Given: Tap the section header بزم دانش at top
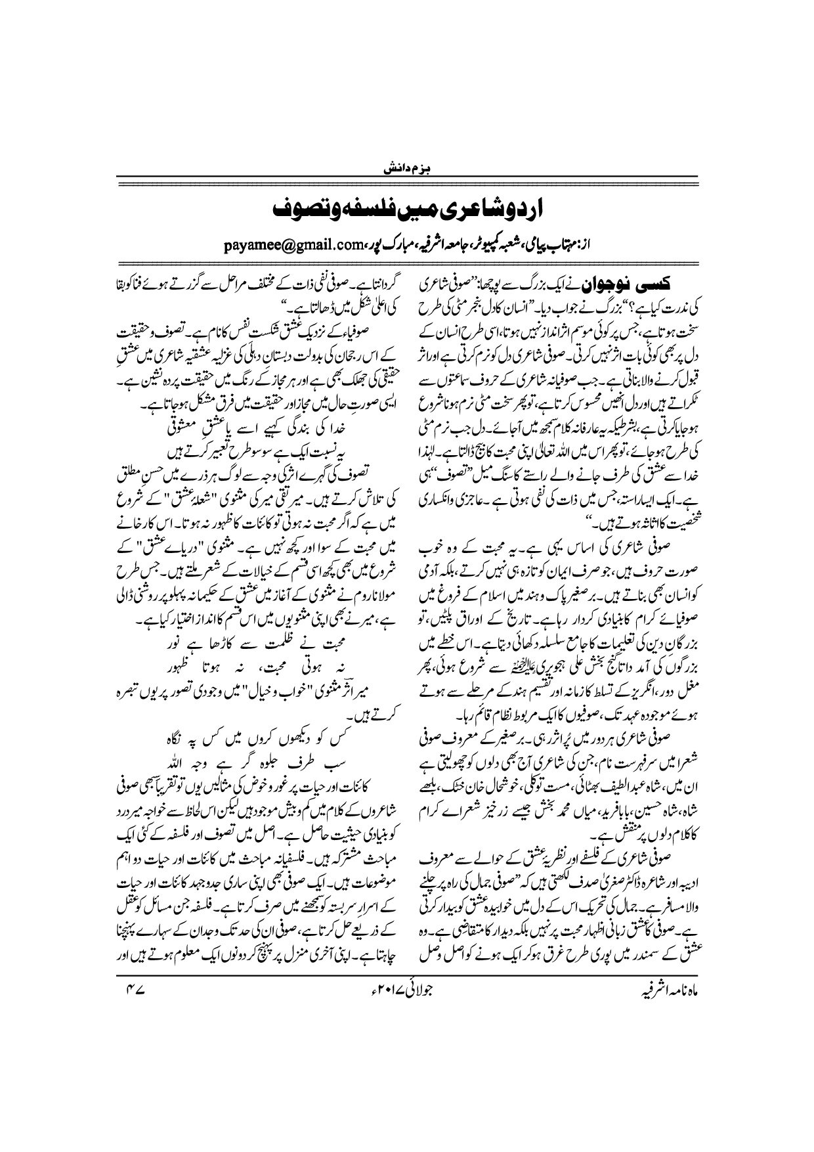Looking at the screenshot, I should [x=407, y=169].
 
